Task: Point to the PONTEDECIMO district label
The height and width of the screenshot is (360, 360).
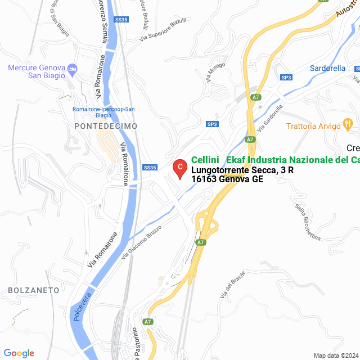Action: [106, 127]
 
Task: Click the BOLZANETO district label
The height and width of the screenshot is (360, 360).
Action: [34, 290]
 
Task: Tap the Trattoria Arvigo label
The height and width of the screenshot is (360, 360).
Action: [313, 126]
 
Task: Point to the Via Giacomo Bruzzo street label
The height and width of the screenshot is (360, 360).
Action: [141, 242]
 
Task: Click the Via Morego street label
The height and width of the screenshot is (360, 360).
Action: [214, 73]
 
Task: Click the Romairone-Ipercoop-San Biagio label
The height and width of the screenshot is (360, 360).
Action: [105, 112]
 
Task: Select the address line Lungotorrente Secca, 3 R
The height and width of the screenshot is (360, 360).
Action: [242, 170]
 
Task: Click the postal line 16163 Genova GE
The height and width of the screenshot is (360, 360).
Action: [227, 179]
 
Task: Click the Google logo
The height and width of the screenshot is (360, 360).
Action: [19, 353]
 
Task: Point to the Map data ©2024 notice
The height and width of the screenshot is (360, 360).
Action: [335, 355]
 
